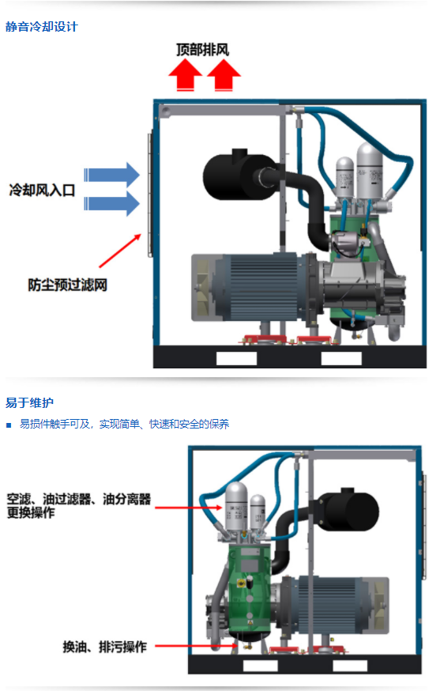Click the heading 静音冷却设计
pos(42,27)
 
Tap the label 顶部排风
pos(202,50)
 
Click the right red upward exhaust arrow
pos(224,76)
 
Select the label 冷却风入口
pos(42,190)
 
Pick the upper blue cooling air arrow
pos(111,174)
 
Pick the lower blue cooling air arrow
pos(111,203)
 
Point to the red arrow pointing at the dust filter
pos(119,252)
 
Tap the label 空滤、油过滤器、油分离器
pos(78,500)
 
